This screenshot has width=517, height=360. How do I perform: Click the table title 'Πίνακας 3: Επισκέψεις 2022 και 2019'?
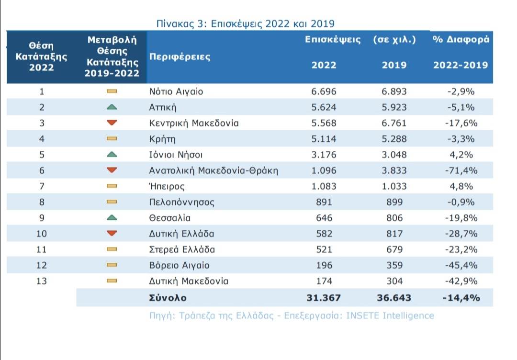pyautogui.click(x=245, y=23)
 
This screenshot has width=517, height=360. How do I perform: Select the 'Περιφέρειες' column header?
pyautogui.click(x=180, y=56)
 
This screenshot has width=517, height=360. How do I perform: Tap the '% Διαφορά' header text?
pyautogui.click(x=461, y=40)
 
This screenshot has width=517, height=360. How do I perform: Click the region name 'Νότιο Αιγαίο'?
pyautogui.click(x=176, y=91)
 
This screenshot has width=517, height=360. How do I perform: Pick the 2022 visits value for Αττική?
pyautogui.click(x=324, y=107)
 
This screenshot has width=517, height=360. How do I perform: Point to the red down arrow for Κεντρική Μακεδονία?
pyautogui.click(x=112, y=123)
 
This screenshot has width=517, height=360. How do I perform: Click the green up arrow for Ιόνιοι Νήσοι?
pyautogui.click(x=112, y=155)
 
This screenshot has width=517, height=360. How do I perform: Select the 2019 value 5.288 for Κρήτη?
pyautogui.click(x=394, y=139)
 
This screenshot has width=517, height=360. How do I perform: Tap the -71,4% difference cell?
pyautogui.click(x=461, y=170)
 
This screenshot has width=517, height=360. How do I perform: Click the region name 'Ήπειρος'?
pyautogui.click(x=167, y=186)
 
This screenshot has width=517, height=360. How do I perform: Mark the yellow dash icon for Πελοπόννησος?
pyautogui.click(x=112, y=202)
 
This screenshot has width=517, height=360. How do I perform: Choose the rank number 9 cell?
pyautogui.click(x=42, y=218)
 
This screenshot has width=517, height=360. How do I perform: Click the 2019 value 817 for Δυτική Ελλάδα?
pyautogui.click(x=394, y=234)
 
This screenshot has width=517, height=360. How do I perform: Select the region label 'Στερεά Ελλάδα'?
pyautogui.click(x=182, y=249)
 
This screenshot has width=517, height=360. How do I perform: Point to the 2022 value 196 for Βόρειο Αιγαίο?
pyautogui.click(x=324, y=265)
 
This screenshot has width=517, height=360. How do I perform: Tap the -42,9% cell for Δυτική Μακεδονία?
pyautogui.click(x=461, y=281)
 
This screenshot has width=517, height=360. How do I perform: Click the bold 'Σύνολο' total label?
pyautogui.click(x=168, y=298)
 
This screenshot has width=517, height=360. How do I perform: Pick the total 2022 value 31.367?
pyautogui.click(x=324, y=298)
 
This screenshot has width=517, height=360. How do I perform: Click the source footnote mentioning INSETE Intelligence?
pyautogui.click(x=292, y=315)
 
